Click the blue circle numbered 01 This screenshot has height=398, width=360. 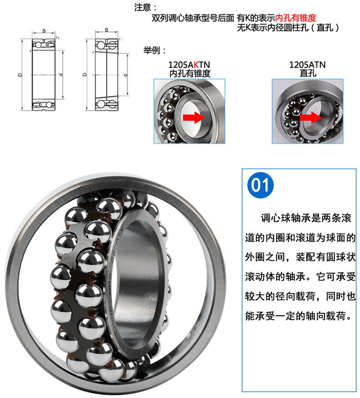260,185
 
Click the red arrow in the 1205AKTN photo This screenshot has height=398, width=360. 194,117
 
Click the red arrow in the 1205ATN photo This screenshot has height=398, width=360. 310,117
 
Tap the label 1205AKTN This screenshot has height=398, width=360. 189,65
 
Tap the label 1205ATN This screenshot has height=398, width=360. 308,65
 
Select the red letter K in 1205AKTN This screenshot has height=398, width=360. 196,65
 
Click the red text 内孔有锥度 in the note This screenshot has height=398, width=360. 296,18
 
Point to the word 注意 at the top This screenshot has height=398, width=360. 143,7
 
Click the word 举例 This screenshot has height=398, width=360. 152,50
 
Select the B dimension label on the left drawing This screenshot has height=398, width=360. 44,31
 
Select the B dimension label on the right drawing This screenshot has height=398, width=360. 107,30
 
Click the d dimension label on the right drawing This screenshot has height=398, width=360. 125,75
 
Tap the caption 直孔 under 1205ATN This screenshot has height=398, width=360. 308,73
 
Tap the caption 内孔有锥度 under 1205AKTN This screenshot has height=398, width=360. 190,73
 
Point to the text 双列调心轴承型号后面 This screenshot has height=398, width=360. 193,18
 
